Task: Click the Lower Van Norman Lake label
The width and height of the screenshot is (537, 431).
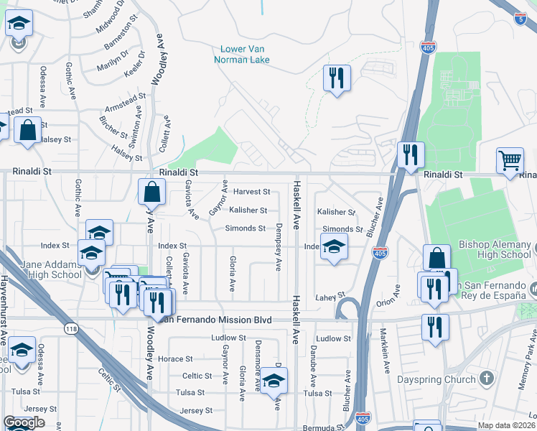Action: pyautogui.click(x=242, y=55)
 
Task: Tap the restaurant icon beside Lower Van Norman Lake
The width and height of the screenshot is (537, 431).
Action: pyautogui.click(x=336, y=78)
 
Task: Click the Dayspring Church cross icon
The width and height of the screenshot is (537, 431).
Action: pyautogui.click(x=487, y=379)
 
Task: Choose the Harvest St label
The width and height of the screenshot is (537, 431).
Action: pyautogui.click(x=251, y=192)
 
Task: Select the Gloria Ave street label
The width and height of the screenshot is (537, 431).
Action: pyautogui.click(x=232, y=274)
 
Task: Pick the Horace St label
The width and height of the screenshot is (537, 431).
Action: pyautogui.click(x=176, y=358)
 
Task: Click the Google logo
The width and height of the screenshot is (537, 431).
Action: pyautogui.click(x=24, y=423)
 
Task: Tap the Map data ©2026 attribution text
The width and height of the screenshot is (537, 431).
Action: pyautogui.click(x=507, y=425)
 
